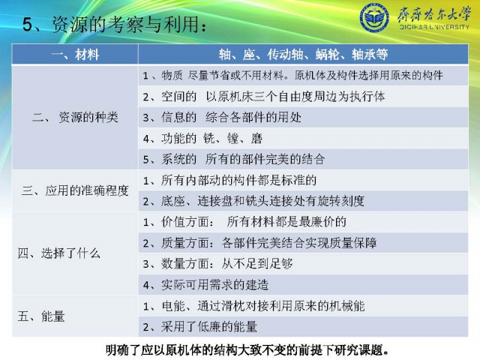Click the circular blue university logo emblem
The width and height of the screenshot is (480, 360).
click(374, 17)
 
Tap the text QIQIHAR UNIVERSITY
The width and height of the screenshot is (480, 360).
click(434, 27)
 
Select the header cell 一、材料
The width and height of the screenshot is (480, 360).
click(75, 55)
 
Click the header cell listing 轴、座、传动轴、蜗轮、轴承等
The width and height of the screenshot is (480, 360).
click(303, 55)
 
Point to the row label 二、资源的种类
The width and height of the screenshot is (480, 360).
click(75, 117)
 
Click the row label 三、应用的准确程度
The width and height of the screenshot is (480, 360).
click(75, 190)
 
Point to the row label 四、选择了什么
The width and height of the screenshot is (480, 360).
click(58, 253)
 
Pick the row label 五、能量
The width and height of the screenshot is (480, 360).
click(41, 316)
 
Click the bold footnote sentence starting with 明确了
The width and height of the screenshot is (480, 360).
click(247, 350)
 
